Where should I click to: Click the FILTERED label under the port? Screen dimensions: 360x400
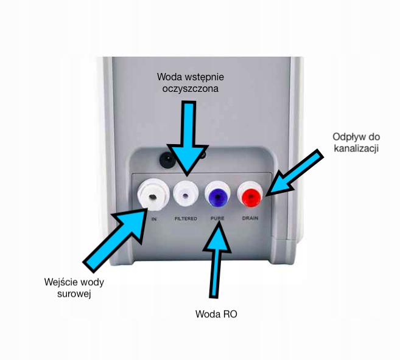pos(186,218)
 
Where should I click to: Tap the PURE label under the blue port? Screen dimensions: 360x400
pos(218,218)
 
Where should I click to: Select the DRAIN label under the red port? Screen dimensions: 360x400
pos(251,218)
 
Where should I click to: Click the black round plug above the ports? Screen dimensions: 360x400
pos(166,159)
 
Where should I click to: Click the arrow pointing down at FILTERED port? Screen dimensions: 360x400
pos(190,140)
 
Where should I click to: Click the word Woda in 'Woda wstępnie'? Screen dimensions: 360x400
pos(170,77)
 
